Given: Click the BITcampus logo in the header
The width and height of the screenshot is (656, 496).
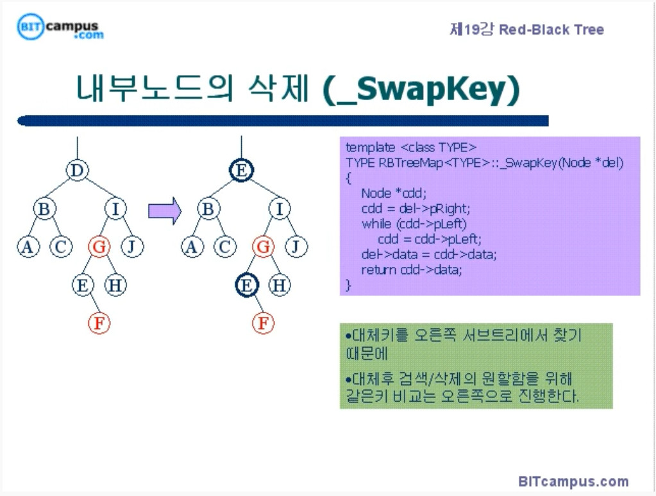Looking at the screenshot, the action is [x=60, y=28].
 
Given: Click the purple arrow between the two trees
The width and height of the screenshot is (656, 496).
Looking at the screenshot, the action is [x=165, y=211].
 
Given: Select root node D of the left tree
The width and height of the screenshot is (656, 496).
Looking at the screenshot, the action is [x=77, y=171].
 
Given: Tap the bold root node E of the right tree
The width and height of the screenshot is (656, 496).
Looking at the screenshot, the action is [x=241, y=171].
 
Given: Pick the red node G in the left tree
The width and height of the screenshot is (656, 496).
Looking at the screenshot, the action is [x=98, y=246].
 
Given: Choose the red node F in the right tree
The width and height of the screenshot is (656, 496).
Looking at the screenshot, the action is [x=262, y=323].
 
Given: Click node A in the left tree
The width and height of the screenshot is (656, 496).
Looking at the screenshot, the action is [x=27, y=247].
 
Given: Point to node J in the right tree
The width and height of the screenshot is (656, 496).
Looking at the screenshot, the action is [x=296, y=246].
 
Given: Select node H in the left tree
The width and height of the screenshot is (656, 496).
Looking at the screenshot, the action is [x=115, y=285].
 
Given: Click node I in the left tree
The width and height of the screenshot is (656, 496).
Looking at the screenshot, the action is [x=115, y=209].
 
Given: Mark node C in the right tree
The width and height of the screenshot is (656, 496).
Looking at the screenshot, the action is [x=224, y=247].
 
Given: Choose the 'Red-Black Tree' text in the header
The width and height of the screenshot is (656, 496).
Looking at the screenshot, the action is [x=551, y=30].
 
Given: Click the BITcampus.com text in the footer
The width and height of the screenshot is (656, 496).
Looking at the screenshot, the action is [x=573, y=481].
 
